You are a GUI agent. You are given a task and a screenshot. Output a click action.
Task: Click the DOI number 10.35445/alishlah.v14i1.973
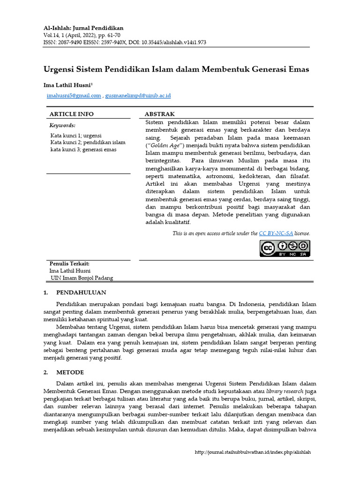click(168, 42)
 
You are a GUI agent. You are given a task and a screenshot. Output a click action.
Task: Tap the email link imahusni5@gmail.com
click(74, 96)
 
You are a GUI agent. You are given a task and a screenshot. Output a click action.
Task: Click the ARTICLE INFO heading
click(71, 114)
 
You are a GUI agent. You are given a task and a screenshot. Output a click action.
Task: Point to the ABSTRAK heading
click(159, 114)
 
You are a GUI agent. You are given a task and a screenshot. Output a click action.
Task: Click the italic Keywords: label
click(62, 126)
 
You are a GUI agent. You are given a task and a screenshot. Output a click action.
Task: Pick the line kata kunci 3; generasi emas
click(83, 150)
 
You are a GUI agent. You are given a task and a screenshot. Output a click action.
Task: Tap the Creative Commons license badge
click(285, 248)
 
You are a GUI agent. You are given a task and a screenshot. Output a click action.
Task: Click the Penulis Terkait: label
click(69, 263)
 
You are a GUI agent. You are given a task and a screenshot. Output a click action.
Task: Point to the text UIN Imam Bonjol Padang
click(82, 277)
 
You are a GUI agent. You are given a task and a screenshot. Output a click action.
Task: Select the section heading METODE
click(70, 372)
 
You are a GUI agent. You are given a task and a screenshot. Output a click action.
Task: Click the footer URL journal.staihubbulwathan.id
click(253, 452)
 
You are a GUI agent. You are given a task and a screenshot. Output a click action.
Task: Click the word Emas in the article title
click(296, 69)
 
